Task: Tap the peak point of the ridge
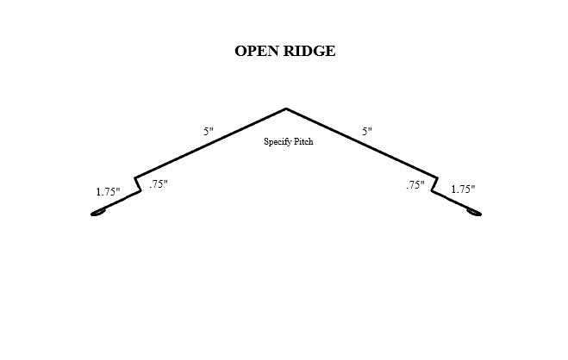point(285,109)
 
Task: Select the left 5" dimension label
point(209,132)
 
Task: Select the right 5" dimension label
point(367,132)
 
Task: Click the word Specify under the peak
point(278,141)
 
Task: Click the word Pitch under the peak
point(303,141)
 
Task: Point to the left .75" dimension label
point(158,184)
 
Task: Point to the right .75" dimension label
point(415,185)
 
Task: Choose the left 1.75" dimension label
point(108,192)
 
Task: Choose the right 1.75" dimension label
point(463,189)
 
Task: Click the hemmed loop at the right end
point(474,213)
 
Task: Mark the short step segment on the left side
point(138,184)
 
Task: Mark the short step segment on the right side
point(434,184)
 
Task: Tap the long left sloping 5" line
point(211,143)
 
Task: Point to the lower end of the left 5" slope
point(135,177)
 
